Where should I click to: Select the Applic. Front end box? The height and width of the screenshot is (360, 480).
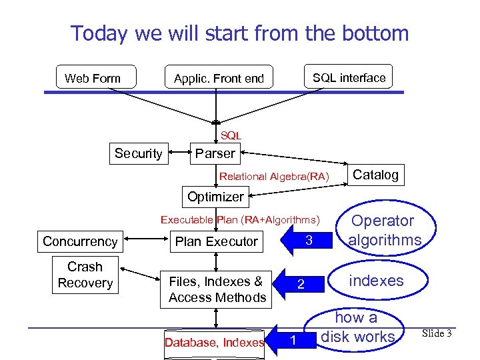click(219, 78)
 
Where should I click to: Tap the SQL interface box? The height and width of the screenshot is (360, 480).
click(349, 77)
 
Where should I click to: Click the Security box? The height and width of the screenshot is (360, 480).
click(138, 153)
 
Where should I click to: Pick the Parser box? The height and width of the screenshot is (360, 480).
click(215, 153)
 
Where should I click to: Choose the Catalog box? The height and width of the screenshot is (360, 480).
click(375, 175)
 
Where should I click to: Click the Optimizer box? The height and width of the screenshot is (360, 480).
click(215, 197)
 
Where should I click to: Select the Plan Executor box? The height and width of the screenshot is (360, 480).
click(216, 241)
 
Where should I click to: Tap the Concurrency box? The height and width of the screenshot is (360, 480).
click(80, 241)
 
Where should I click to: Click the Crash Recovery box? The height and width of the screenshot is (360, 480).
click(85, 275)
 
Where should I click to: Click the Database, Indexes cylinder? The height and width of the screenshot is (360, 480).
click(215, 343)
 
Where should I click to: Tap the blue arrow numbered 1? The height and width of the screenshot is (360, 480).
click(291, 341)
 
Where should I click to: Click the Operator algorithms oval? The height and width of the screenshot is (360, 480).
click(385, 231)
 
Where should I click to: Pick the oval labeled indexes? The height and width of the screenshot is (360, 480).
click(375, 281)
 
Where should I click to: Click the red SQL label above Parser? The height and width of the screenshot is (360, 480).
click(231, 135)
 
